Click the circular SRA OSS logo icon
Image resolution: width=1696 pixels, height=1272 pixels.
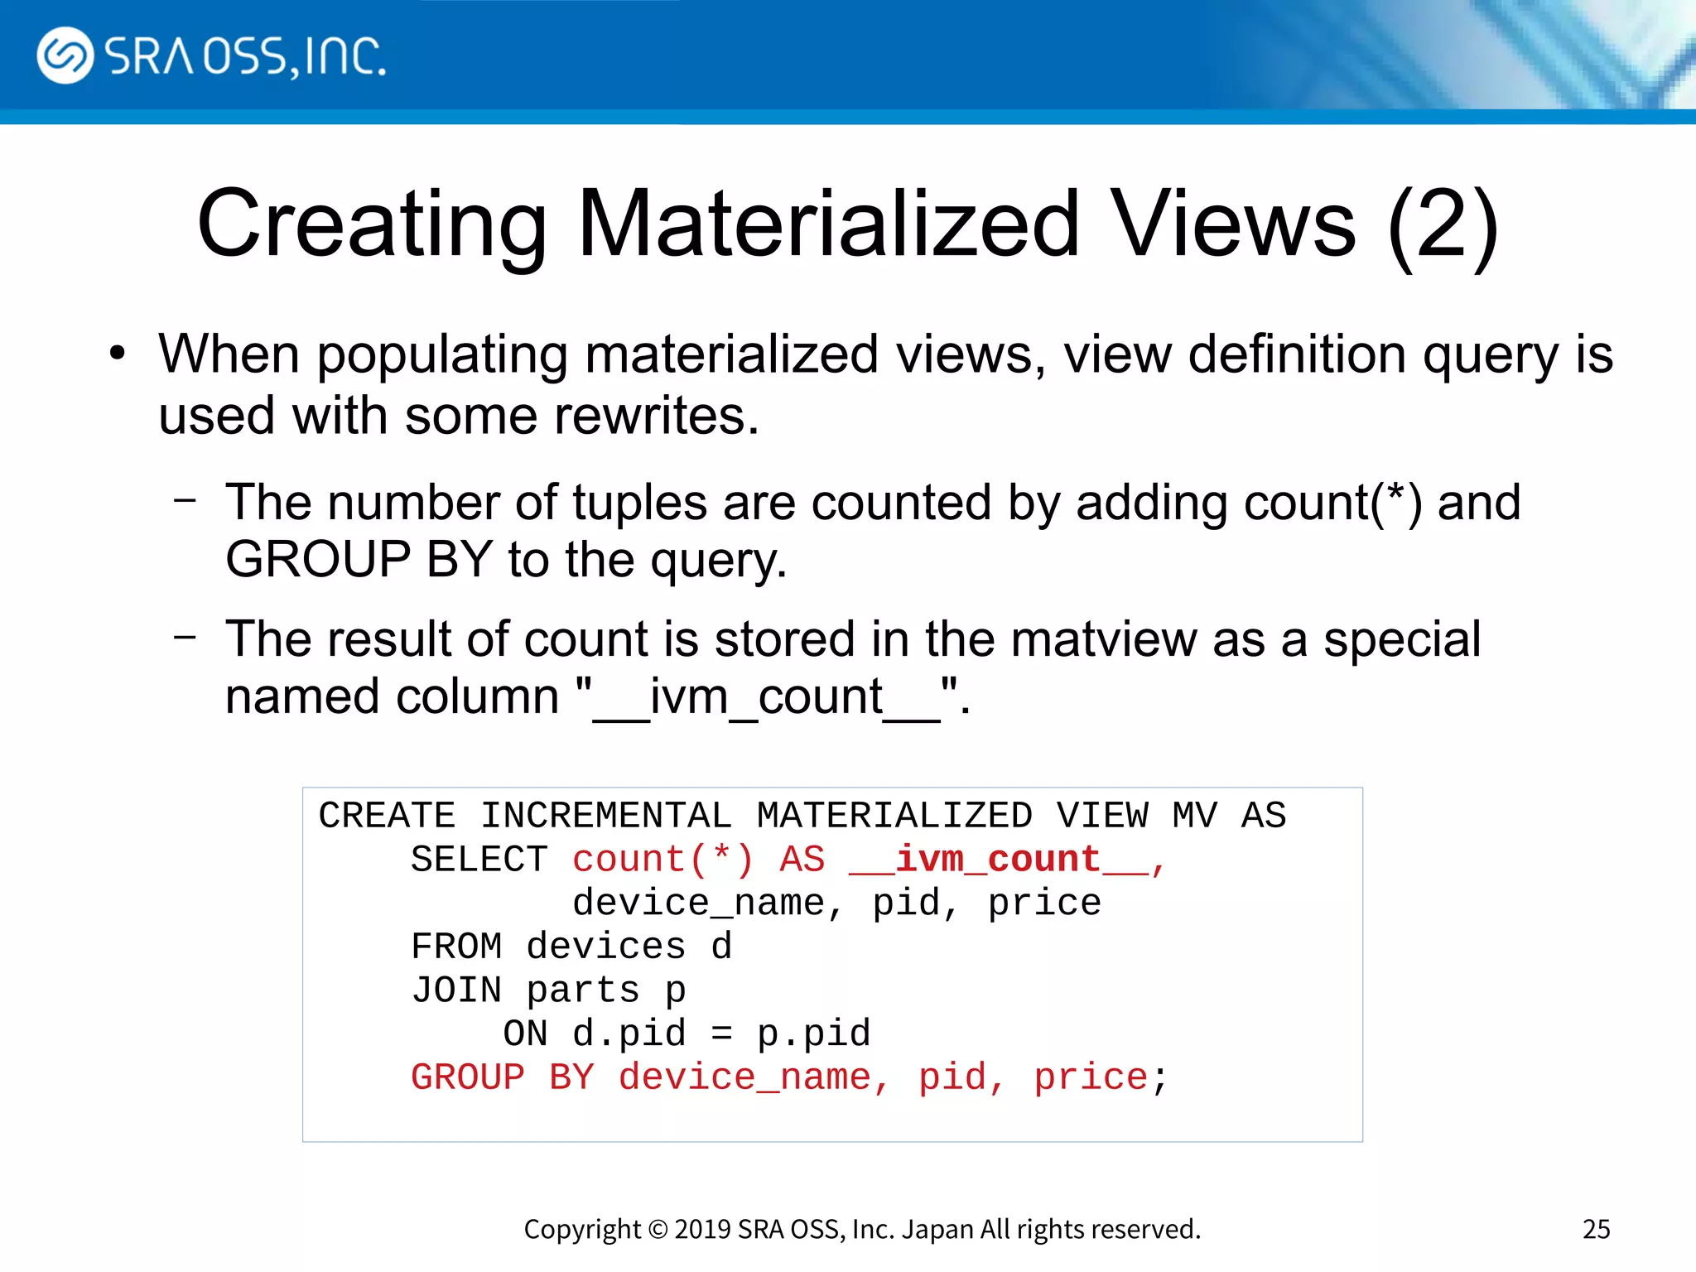click(65, 55)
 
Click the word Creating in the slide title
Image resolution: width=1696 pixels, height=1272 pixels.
click(372, 224)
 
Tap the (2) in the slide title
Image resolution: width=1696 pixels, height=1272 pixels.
click(1442, 224)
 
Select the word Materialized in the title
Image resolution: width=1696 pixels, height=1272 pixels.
click(828, 224)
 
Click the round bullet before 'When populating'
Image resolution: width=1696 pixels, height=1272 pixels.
click(117, 354)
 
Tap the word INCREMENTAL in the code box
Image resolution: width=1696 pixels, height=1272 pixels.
click(606, 816)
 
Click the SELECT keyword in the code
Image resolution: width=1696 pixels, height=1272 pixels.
click(479, 860)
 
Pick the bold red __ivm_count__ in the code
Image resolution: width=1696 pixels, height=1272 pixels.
click(998, 860)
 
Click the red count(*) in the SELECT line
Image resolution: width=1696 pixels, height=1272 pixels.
click(662, 860)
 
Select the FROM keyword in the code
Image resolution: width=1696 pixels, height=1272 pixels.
click(456, 947)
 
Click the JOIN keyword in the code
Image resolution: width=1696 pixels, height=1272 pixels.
click(456, 990)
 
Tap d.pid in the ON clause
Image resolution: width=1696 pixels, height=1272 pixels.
click(629, 1034)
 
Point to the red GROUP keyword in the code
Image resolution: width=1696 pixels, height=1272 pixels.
click(468, 1078)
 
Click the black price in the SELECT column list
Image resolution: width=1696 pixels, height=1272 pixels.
click(1044, 903)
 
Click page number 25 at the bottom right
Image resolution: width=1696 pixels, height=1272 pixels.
click(1596, 1229)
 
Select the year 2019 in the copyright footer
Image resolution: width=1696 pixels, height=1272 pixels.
click(701, 1229)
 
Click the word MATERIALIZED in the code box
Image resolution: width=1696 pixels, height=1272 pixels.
click(894, 816)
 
